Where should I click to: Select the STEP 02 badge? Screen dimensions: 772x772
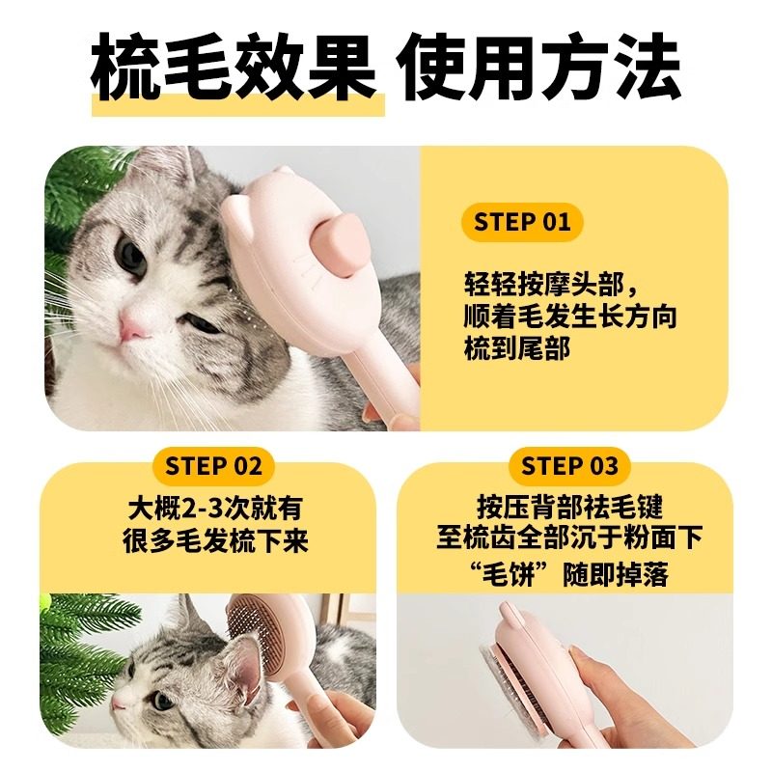point(213,466)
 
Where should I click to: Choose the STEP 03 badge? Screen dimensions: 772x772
point(569,466)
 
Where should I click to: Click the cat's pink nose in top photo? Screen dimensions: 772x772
point(134,330)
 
